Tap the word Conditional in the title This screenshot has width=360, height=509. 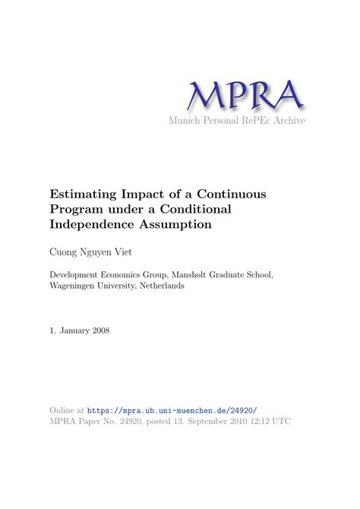213,209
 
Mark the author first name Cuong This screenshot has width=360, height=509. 65,251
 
